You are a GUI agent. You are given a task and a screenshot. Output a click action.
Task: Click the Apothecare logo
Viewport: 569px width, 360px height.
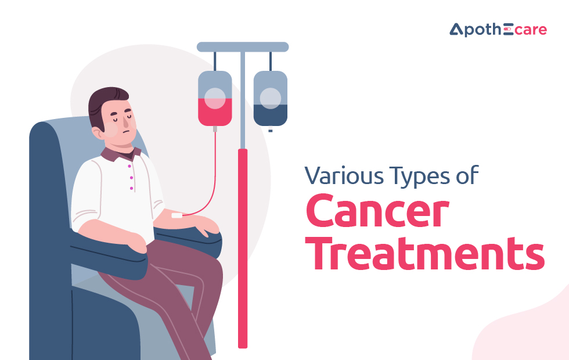498,30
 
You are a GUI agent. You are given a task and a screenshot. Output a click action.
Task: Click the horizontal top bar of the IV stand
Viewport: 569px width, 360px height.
243,47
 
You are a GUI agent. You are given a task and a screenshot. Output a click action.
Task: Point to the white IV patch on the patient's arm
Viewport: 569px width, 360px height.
177,215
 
